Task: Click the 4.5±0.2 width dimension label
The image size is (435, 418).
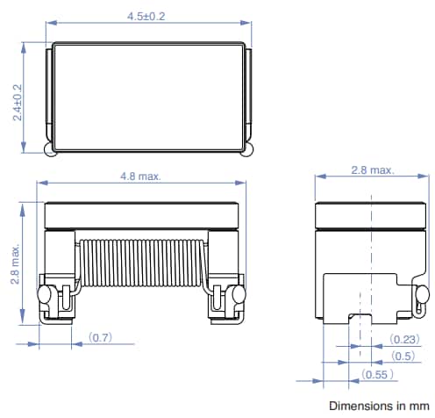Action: (x=145, y=17)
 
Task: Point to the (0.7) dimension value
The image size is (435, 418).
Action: (x=102, y=336)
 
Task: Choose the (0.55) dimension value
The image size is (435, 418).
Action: (x=377, y=374)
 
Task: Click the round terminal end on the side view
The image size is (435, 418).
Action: (x=422, y=292)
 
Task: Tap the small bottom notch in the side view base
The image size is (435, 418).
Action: (x=360, y=315)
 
